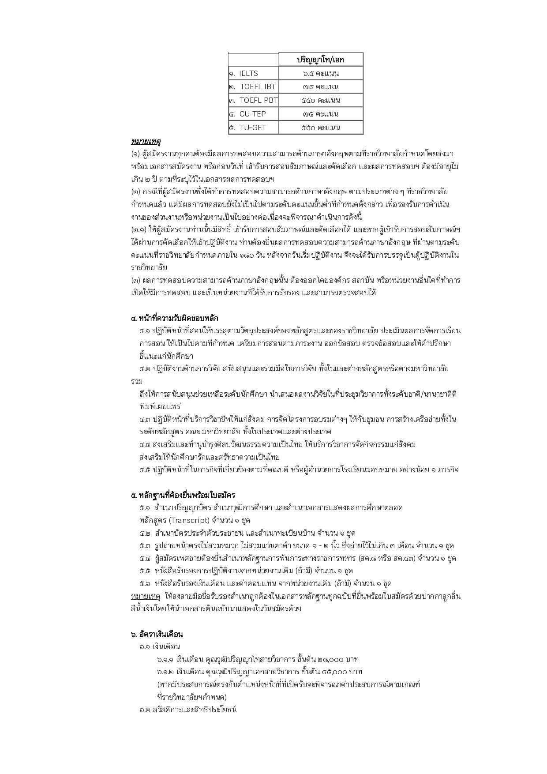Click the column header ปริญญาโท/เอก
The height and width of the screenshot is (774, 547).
coord(321,60)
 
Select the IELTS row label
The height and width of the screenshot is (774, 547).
coord(249,73)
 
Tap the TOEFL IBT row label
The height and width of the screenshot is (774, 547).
coord(258,86)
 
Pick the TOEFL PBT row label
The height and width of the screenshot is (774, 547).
coord(259,100)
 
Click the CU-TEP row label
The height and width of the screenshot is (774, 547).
coord(253,114)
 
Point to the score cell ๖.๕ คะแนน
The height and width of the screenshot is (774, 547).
coord(321,73)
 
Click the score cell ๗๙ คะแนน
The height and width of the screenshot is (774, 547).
coord(321,86)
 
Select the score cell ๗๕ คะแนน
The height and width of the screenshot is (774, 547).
coord(321,114)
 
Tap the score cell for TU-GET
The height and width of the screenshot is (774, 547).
coord(321,128)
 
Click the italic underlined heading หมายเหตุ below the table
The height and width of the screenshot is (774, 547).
coord(146,141)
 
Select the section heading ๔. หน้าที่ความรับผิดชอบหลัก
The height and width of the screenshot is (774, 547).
coord(175,318)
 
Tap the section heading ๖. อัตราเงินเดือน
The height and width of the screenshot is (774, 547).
coord(157,634)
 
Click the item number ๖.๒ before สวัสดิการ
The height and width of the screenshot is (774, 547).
coord(145,710)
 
